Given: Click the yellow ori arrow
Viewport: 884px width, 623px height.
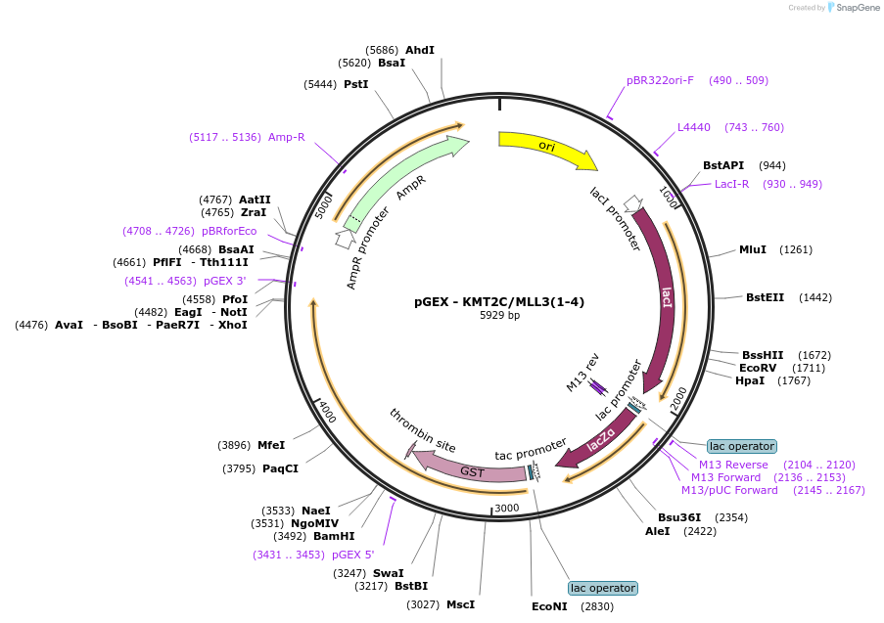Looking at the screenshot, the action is pos(545,147).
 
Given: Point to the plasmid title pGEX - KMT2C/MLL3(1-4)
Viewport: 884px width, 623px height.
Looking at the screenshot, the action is pos(499,301).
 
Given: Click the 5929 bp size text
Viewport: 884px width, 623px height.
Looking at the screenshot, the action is pos(499,315).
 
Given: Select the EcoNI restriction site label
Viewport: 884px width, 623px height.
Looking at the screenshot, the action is pos(549,606).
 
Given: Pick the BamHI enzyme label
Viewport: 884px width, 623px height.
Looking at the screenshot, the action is pos(334,536).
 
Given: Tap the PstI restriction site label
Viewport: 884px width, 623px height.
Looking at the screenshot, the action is pos(355,84).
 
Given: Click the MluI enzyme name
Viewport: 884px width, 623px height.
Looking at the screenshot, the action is pos(753,249).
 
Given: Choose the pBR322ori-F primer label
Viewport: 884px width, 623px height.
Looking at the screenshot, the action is pos(660,80).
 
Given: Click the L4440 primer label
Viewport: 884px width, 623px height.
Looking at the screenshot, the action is pos(693,127).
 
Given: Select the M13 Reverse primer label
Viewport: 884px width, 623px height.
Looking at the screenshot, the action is pos(733,465).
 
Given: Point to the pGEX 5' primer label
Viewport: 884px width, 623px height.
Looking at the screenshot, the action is pos(353,555).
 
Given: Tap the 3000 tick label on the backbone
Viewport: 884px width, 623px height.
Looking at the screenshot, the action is pos(506,509).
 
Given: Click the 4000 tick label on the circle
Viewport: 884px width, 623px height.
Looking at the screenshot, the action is pos(327,411).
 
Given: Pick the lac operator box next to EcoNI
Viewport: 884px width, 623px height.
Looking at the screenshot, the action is pos(603,588).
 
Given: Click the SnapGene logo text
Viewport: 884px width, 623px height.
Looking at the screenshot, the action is pos(858,7).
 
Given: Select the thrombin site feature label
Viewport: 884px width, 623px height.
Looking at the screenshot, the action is pos(422,431).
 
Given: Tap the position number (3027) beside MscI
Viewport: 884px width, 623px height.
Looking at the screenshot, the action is pos(423,604).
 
